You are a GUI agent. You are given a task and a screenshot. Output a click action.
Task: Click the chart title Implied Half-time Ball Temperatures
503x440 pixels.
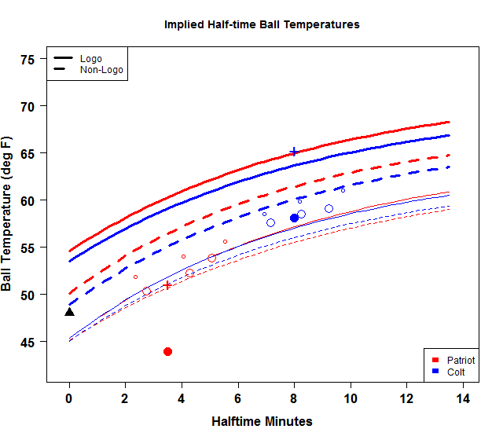tap(262, 24)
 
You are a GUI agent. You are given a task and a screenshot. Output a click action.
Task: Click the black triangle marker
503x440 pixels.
tap(69, 312)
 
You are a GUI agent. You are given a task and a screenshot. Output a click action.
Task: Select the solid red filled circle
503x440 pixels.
tap(167, 351)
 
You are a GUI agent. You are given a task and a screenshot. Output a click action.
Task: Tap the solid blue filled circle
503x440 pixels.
tap(294, 218)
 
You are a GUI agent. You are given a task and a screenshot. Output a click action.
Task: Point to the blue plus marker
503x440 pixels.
tap(294, 152)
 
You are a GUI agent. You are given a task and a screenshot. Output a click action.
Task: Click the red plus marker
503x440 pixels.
tap(167, 285)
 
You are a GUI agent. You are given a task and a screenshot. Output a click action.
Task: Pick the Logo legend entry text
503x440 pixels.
tap(91, 59)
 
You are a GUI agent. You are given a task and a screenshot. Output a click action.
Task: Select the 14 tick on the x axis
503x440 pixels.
tap(462, 399)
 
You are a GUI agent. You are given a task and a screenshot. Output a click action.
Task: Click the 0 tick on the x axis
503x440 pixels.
tap(69, 399)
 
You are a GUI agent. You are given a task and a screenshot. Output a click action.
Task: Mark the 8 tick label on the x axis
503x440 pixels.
tap(294, 399)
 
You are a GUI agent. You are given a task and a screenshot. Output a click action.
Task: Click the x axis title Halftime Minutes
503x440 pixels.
tap(262, 421)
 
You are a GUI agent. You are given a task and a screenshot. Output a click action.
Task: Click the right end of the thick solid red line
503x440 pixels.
tap(449, 122)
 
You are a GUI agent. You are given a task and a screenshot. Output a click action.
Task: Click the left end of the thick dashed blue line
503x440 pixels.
tap(70, 304)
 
